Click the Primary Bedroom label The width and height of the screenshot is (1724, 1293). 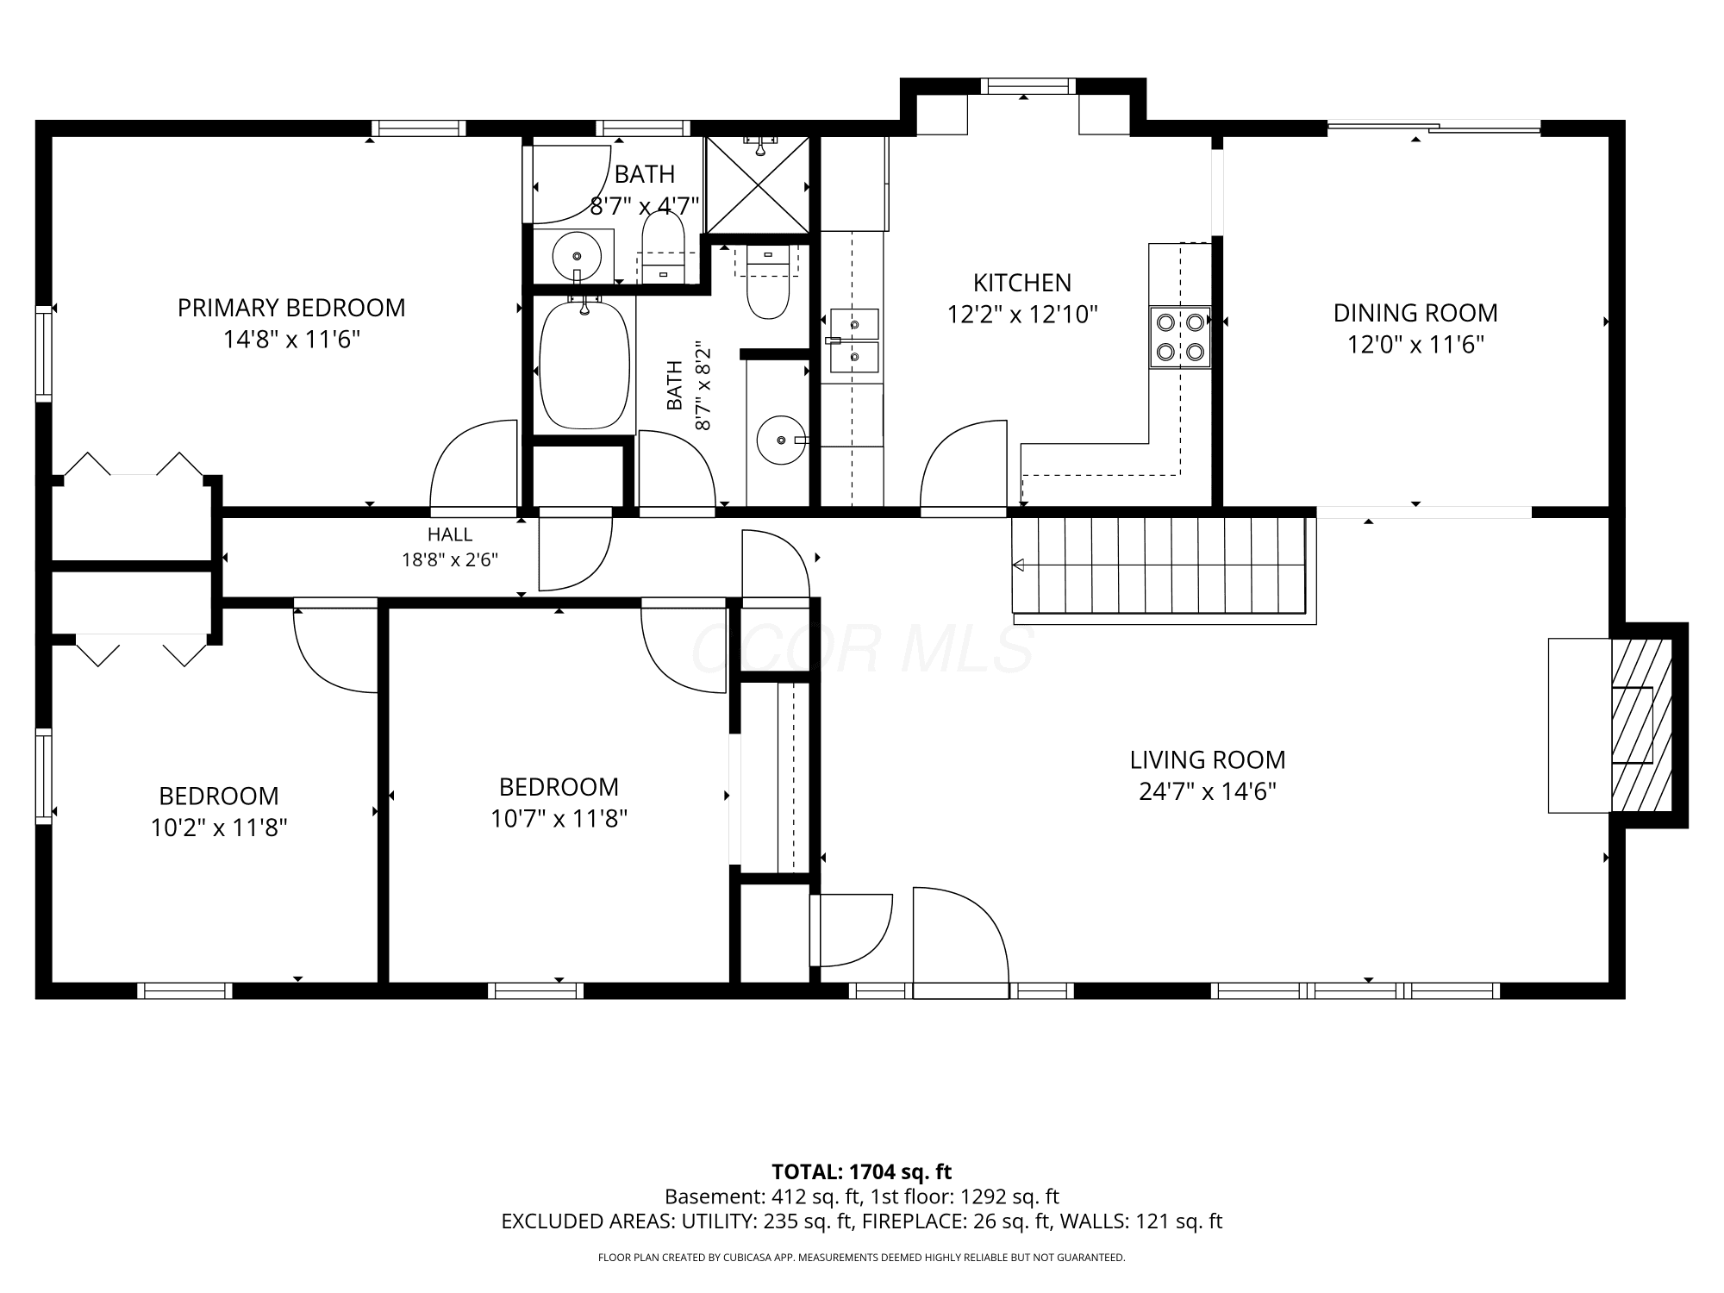tap(291, 308)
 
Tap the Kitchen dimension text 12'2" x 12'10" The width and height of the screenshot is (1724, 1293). tap(1022, 315)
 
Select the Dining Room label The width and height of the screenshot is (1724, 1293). tap(1415, 312)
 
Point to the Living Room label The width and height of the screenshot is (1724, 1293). tap(1208, 759)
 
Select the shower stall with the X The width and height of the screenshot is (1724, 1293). tap(758, 184)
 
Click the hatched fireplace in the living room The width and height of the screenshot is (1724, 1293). tap(1641, 725)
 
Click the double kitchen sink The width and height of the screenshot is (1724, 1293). tap(854, 340)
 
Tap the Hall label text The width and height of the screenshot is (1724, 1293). tap(449, 534)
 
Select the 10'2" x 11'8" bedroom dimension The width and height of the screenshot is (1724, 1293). tap(219, 828)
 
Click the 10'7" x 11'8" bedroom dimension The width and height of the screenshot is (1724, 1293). tap(559, 818)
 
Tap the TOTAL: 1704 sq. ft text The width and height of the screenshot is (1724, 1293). tap(861, 1171)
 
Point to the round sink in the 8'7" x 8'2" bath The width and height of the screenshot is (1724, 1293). tap(781, 440)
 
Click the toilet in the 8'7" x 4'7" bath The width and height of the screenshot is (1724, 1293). tap(663, 247)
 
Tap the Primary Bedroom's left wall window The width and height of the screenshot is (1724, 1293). tap(43, 353)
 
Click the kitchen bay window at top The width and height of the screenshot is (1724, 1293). tap(1028, 86)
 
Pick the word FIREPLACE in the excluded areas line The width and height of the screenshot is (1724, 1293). tap(915, 1221)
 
